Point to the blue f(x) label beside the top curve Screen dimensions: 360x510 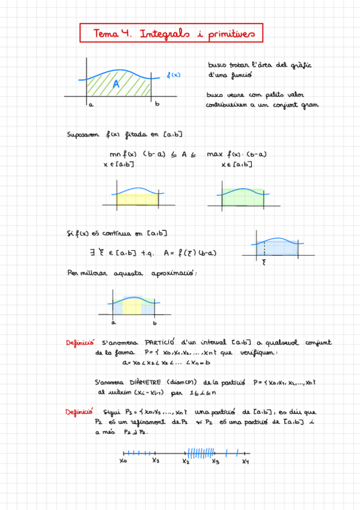click(173, 75)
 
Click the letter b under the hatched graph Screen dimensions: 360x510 click(157, 105)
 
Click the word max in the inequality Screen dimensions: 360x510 click(215, 154)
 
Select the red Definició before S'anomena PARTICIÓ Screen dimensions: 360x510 click(80, 343)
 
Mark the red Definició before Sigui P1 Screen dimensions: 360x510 click(80, 412)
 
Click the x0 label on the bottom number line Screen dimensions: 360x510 click(123, 462)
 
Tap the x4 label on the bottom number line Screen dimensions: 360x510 click(246, 462)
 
